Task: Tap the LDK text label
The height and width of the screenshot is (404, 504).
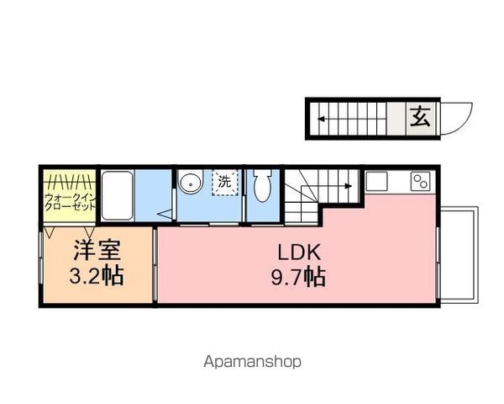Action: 299,252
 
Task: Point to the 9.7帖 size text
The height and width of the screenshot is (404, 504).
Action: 298,277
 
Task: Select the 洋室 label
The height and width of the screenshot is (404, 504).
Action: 97,250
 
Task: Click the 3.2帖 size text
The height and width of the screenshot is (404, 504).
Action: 97,275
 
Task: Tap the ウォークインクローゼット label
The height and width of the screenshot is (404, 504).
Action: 70,202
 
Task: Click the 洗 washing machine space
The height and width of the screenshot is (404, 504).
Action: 224,182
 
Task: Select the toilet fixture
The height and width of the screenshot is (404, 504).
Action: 263,185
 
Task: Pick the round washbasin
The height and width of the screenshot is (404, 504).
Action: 191,184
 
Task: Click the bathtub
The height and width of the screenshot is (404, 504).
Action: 118,195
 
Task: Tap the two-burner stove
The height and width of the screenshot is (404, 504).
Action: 421,182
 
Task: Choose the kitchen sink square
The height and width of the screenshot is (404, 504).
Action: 376,182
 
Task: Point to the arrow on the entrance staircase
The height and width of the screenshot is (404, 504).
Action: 352,120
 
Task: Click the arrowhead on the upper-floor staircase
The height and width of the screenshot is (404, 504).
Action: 348,186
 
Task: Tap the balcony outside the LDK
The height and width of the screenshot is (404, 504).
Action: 459,255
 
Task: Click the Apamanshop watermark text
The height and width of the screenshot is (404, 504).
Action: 252,362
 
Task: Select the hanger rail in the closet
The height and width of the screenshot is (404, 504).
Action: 70,183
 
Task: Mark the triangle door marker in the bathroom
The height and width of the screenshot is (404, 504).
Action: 165,215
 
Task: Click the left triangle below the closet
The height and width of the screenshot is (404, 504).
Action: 50,232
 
